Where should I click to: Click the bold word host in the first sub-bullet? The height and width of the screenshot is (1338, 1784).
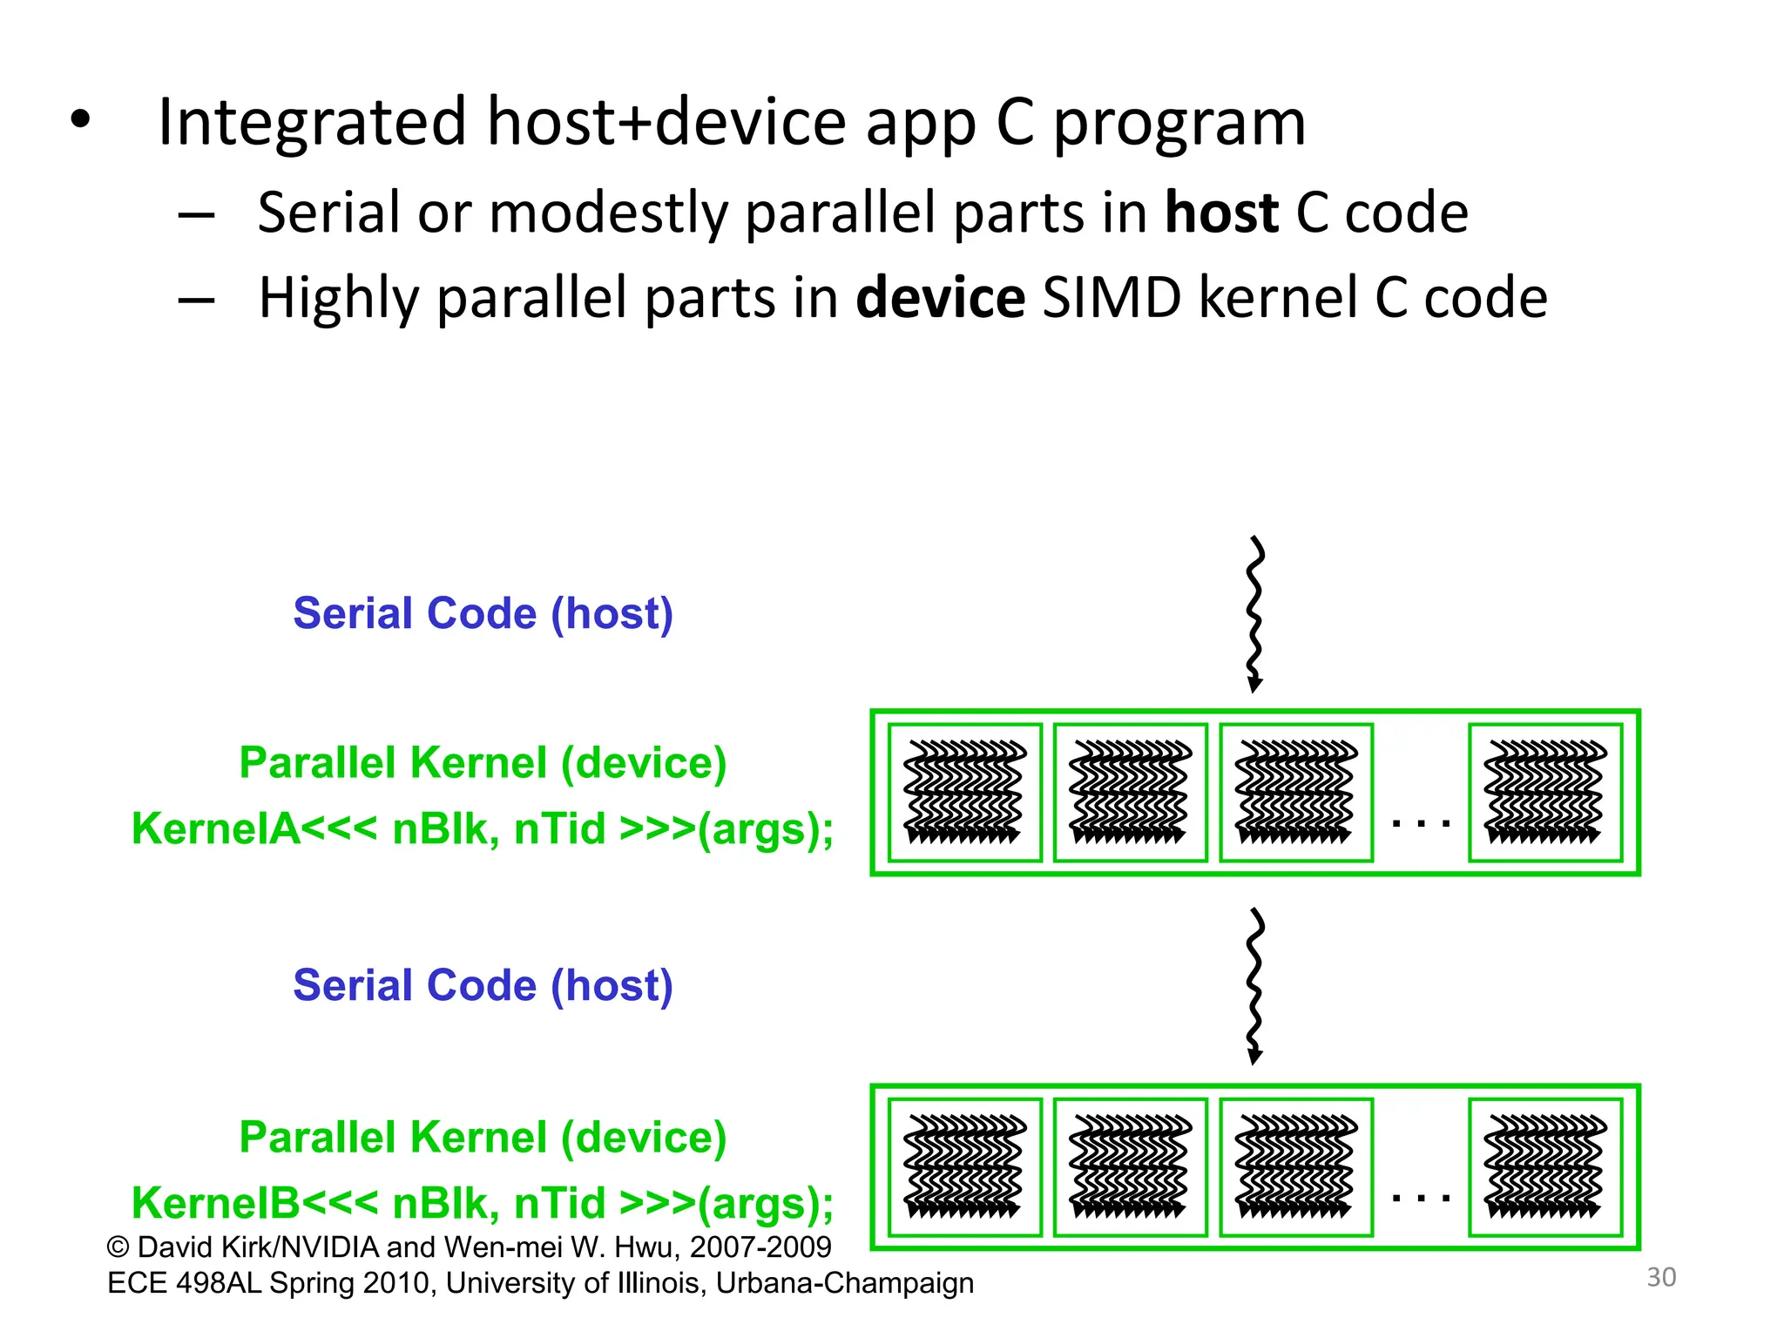(1221, 213)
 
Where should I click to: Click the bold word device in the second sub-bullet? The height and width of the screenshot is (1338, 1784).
(940, 298)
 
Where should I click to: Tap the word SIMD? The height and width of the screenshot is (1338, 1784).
(1111, 298)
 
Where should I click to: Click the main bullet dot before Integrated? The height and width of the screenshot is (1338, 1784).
(80, 120)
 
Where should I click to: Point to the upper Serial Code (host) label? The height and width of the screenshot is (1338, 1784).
(483, 613)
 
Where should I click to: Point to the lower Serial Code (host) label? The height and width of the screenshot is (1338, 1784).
(483, 985)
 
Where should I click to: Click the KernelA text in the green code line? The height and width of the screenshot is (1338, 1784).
(215, 828)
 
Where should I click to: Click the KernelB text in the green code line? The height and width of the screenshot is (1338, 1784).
(215, 1203)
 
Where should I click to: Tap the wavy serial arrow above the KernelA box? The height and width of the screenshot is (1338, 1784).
(1254, 614)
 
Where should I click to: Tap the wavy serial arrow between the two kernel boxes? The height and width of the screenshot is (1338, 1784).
(1254, 986)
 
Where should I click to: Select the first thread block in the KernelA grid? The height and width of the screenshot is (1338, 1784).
(964, 792)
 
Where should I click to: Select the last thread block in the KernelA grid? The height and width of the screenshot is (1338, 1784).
(1545, 792)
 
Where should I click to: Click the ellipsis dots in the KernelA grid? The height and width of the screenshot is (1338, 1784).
(1421, 821)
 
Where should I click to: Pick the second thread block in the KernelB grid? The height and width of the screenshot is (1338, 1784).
(1130, 1166)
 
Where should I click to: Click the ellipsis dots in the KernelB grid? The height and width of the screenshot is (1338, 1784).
(1421, 1198)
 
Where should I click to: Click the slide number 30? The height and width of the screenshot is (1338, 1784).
(1661, 1277)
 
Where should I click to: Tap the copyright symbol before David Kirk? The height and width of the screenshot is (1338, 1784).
(118, 1247)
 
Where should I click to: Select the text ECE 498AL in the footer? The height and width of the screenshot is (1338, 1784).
(184, 1283)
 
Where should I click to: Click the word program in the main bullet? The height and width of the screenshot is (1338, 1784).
(1179, 124)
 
